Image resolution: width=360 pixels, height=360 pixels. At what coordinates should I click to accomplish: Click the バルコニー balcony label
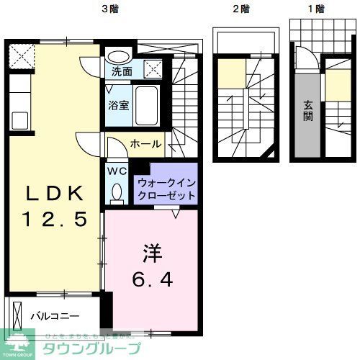55,315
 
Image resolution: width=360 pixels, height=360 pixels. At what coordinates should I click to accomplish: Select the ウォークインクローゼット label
166,189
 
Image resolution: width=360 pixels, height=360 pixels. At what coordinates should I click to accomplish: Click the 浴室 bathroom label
118,105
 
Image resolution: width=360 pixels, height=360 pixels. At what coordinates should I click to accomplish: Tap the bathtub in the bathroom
150,106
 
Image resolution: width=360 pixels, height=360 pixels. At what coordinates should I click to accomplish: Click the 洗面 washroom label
121,71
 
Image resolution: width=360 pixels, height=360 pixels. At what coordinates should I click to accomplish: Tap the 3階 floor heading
109,9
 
